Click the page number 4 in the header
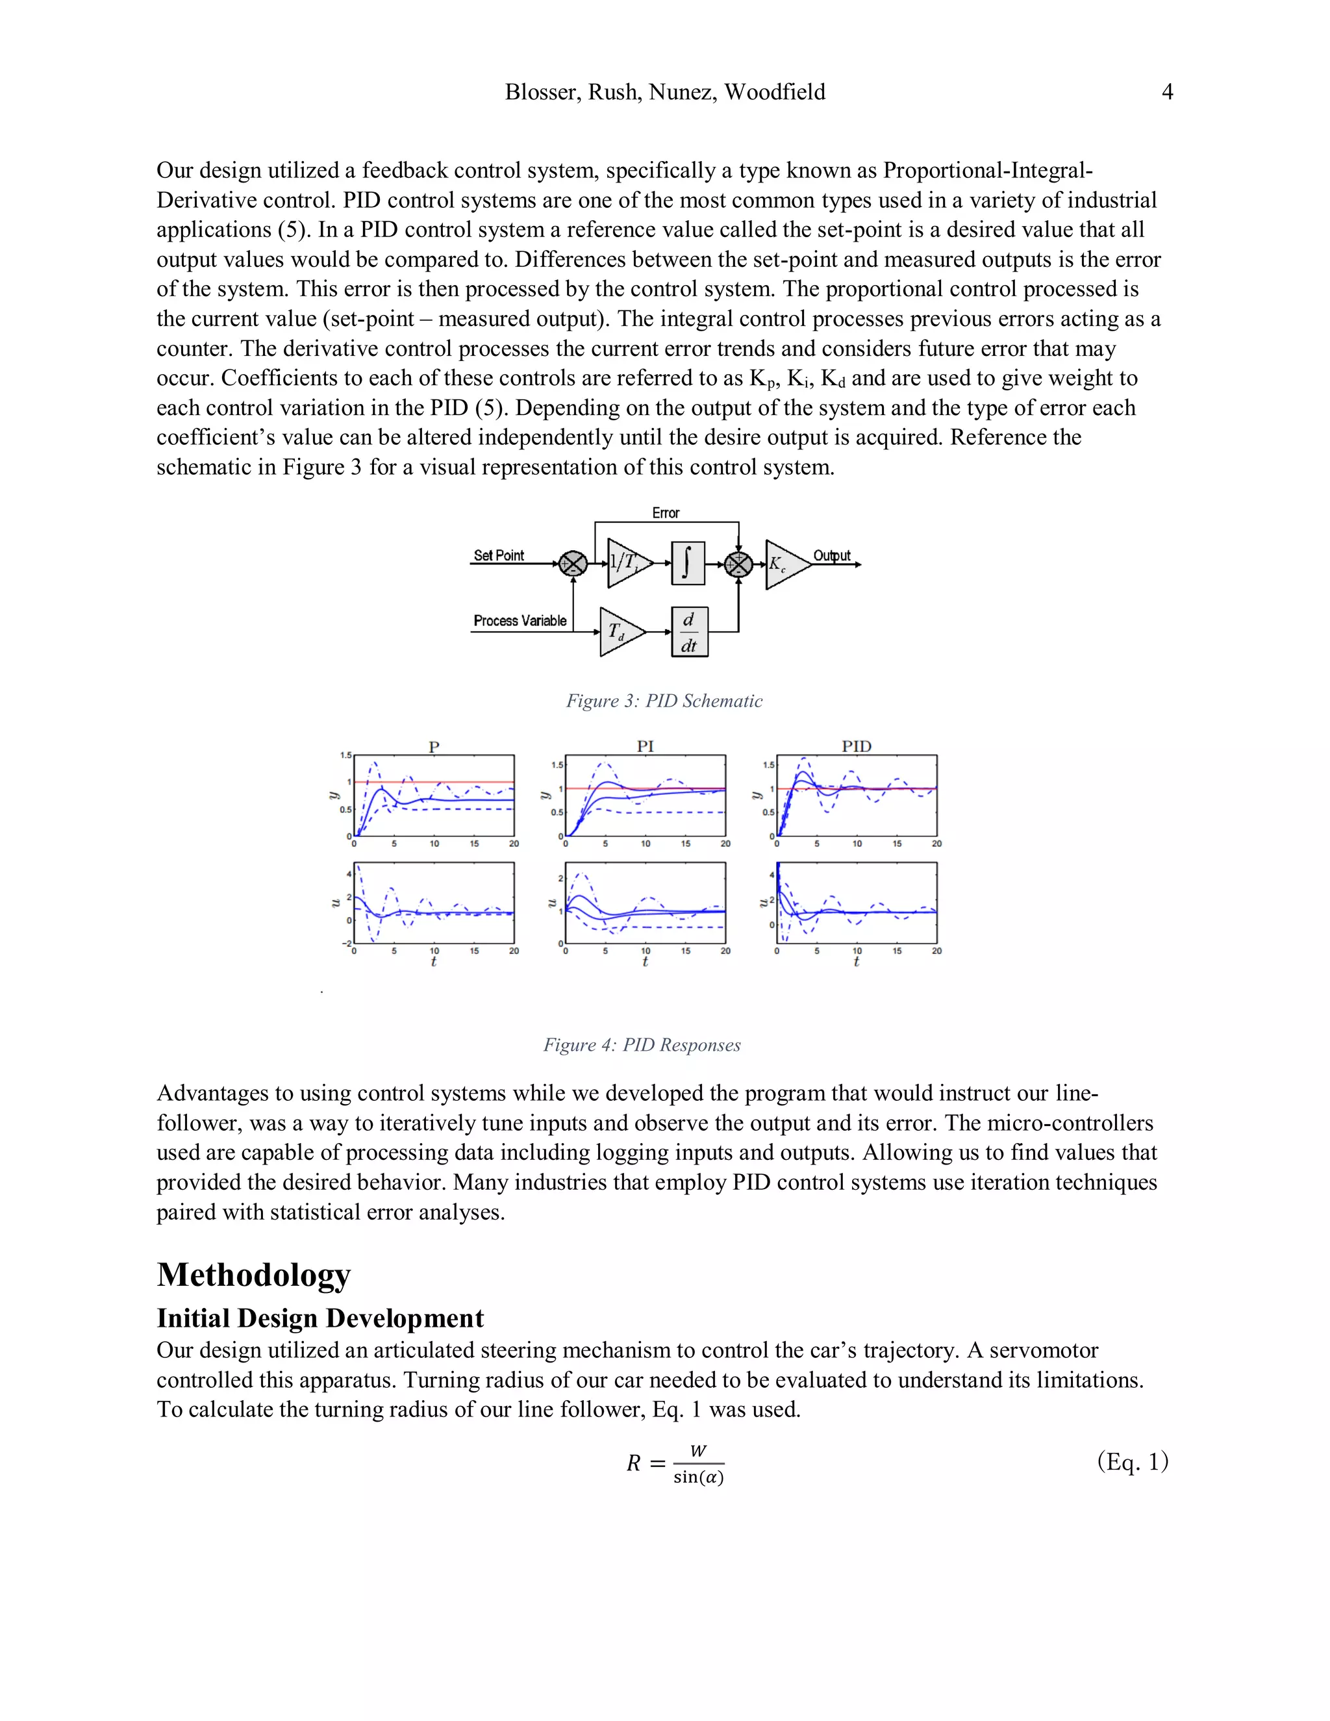pos(1167,92)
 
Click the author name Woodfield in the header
pos(775,92)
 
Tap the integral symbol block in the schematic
pos(687,564)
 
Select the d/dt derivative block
pos(690,632)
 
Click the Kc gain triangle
pos(784,564)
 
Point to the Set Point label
pos(498,555)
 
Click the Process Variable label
pos(520,621)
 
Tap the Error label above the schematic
pos(665,513)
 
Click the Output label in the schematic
pos(831,555)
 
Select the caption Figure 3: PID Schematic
pos(664,701)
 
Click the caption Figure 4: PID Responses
pos(642,1045)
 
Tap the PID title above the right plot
pos(856,746)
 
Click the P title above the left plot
pos(433,746)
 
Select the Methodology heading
pos(254,1274)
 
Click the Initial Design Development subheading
pos(320,1318)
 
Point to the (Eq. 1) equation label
pos(1132,1462)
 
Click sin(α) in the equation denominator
pos(698,1477)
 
